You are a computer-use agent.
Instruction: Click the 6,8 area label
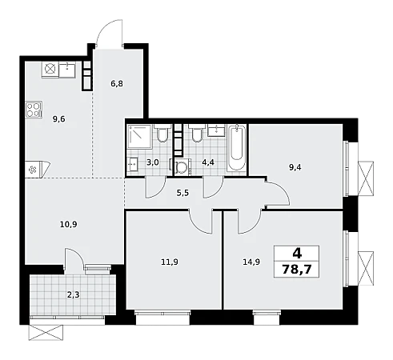tap(117, 84)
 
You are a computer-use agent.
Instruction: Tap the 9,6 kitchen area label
tap(59, 119)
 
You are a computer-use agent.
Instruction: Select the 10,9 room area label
tap(69, 224)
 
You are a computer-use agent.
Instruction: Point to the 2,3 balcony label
tap(73, 295)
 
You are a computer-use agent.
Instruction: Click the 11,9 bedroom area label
tap(170, 262)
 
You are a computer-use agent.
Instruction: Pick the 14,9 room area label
tap(251, 262)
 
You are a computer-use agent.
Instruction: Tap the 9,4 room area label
tap(295, 167)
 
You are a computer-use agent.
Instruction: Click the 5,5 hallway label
tap(182, 193)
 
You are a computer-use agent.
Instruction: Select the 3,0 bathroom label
tap(153, 162)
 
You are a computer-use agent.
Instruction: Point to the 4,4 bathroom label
tap(208, 162)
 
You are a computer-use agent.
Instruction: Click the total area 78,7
tap(297, 270)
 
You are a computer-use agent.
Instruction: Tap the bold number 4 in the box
tap(297, 253)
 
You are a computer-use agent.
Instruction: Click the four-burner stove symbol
tap(34, 110)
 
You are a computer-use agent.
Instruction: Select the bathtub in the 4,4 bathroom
tap(236, 148)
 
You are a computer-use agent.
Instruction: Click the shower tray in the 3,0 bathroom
tap(139, 137)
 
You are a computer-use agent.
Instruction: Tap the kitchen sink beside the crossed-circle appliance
tap(67, 70)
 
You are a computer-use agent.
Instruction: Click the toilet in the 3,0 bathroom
tap(162, 133)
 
